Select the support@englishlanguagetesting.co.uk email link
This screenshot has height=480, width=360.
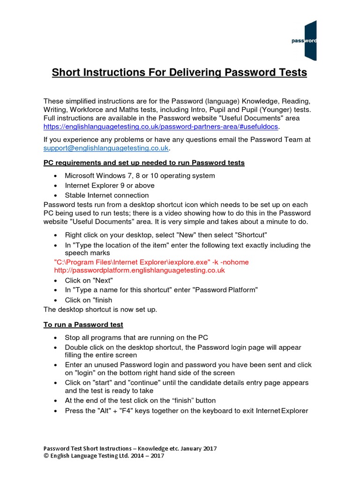pyautogui.click(x=106, y=148)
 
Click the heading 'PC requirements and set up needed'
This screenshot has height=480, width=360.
pyautogui.click(x=144, y=163)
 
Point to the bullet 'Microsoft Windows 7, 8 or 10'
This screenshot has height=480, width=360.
pyautogui.click(x=140, y=176)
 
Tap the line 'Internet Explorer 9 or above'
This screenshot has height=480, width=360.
pyautogui.click(x=109, y=185)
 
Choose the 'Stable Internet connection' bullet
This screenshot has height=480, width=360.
pyautogui.click(x=107, y=195)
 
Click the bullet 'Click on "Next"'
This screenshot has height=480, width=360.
pyautogui.click(x=89, y=280)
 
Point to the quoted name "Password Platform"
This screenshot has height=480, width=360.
pyautogui.click(x=227, y=290)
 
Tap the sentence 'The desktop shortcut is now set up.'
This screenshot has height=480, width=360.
pyautogui.click(x=100, y=310)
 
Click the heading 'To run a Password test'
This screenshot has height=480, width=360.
pyautogui.click(x=83, y=324)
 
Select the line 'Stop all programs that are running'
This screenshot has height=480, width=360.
pyautogui.click(x=136, y=338)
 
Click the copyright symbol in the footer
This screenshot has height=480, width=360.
pyautogui.click(x=46, y=456)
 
